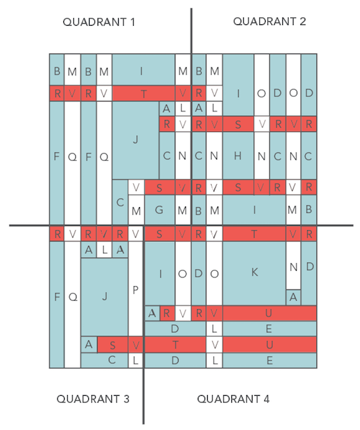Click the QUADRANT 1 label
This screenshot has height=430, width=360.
pos(99,22)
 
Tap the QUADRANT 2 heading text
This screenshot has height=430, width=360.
pos(270,21)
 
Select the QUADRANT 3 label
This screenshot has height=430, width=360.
pos(93,399)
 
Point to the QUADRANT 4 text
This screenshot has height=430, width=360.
pos(233,399)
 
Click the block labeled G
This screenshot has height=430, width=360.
pos(160,210)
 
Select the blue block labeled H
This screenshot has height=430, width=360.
pos(238,156)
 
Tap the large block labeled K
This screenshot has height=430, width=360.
pos(254,274)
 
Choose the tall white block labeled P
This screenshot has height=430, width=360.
pos(135,289)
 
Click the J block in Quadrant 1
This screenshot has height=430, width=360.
pos(135,140)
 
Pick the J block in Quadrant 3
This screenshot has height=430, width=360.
pos(104,297)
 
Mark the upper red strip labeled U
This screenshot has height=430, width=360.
pos(270,313)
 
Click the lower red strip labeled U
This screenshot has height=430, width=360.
pos(270,344)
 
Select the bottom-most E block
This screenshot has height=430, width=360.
pos(270,360)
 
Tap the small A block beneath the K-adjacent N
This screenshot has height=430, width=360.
pos(293,297)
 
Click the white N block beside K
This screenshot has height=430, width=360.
pos(293,266)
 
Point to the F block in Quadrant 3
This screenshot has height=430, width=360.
pos(57,305)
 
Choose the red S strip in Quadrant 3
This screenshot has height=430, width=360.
pos(113,345)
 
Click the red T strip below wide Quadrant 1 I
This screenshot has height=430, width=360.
pos(144,94)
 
